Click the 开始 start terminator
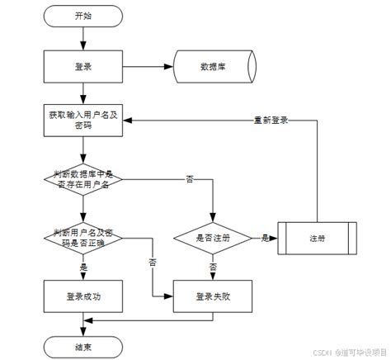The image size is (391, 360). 82,16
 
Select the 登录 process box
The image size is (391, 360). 82,66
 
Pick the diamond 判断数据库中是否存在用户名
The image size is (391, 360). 82,179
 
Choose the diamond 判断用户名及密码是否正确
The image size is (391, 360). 82,238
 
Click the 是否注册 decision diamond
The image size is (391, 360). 214,238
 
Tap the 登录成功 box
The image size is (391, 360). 82,295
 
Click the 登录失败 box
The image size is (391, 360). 214,295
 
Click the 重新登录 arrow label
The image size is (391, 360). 271,120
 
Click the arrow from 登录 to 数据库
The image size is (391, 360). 147,66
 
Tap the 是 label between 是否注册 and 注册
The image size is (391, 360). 265,238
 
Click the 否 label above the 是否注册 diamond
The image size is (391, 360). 191,179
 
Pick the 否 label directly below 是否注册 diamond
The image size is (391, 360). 214,268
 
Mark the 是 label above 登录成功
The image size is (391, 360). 82,268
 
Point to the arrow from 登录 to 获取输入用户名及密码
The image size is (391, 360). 82,93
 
